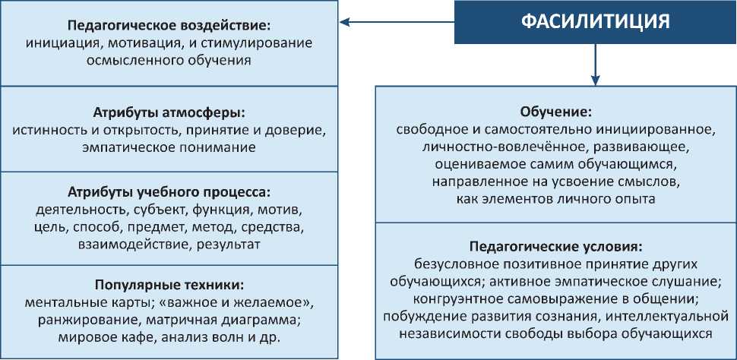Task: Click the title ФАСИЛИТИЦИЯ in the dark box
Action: click(596, 21)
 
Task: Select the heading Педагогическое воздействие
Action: click(169, 24)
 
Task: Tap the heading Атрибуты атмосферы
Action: click(169, 112)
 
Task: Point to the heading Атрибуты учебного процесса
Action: click(169, 191)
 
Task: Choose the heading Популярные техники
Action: click(169, 285)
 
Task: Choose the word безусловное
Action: click(454, 264)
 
